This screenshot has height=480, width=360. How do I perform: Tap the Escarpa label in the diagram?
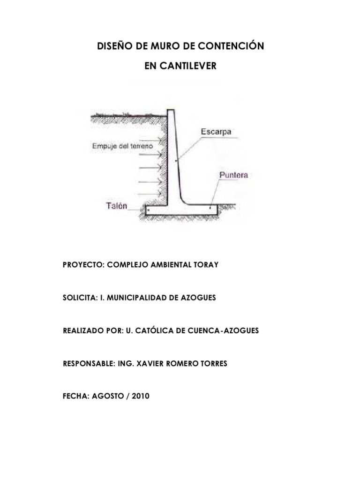[x=216, y=132]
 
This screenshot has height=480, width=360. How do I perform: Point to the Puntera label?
[x=233, y=175]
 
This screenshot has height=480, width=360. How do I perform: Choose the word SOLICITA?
[x=79, y=298]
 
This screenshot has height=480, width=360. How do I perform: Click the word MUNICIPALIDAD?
[x=142, y=298]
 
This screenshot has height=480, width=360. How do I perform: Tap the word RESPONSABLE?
[x=87, y=363]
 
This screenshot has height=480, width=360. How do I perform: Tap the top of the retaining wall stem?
[x=171, y=111]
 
